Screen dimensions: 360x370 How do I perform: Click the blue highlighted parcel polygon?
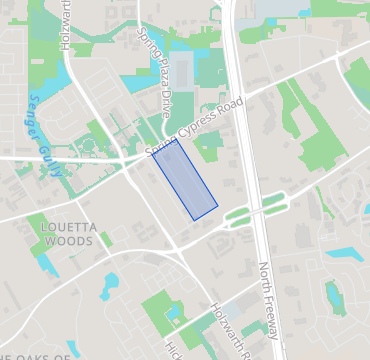[x=185, y=181]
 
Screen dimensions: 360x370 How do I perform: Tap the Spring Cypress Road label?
[x=194, y=127]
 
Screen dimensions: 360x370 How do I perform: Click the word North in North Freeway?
[x=264, y=278]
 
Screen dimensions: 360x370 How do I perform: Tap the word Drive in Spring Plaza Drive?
[x=163, y=103]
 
